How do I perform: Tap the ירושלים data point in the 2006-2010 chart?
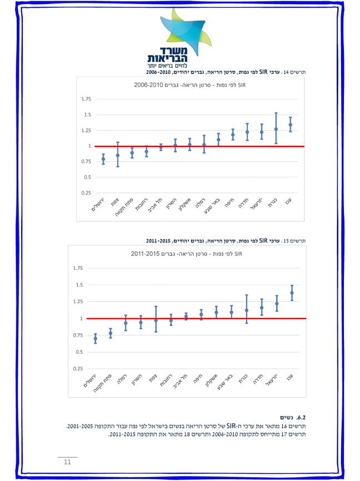click(x=103, y=159)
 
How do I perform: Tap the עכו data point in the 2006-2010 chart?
click(x=290, y=125)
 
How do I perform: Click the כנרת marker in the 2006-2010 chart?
click(x=276, y=129)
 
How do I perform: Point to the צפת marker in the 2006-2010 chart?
click(x=118, y=155)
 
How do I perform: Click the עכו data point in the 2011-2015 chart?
click(x=292, y=292)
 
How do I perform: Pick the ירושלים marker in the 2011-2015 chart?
click(x=95, y=339)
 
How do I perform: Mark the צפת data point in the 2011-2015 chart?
click(x=156, y=320)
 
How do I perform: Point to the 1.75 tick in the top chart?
click(x=86, y=100)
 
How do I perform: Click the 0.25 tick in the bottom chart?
click(x=78, y=369)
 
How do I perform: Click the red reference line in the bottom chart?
click(x=194, y=319)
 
